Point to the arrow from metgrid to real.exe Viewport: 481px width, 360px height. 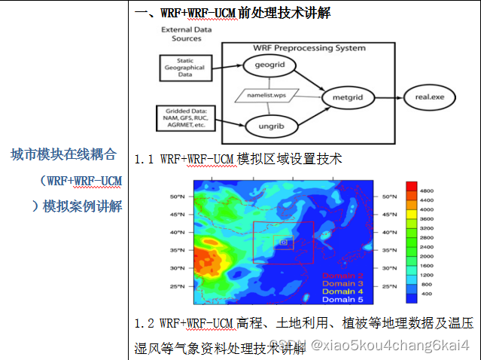click(387, 97)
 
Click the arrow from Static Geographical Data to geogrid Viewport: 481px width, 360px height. click(227, 67)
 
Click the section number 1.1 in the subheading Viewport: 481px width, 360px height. click(145, 159)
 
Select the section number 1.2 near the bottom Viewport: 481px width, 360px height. click(145, 324)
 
